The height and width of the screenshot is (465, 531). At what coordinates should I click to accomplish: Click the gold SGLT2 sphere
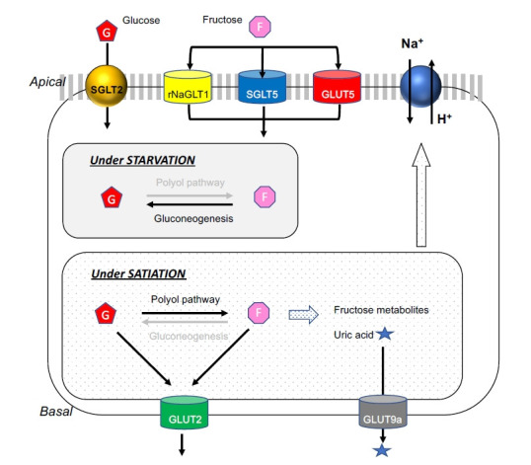click(107, 86)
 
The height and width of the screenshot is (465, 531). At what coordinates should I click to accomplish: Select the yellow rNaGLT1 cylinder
click(188, 86)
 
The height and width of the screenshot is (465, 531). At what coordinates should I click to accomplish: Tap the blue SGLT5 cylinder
click(263, 86)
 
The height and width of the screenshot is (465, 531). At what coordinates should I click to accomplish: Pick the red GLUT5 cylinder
click(337, 86)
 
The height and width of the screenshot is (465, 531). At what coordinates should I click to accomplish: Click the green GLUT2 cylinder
click(184, 412)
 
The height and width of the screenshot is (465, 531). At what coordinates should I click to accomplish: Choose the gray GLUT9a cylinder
click(383, 412)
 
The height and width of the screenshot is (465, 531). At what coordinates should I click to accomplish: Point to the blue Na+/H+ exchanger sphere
click(420, 86)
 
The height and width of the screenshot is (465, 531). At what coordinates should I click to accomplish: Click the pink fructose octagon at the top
click(260, 27)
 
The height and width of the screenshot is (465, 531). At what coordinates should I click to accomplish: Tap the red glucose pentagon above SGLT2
click(107, 31)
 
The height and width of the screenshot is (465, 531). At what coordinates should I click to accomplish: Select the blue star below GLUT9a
click(382, 450)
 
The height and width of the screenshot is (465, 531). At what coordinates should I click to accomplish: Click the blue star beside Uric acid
click(385, 334)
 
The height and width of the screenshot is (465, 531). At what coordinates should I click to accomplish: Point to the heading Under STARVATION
click(142, 160)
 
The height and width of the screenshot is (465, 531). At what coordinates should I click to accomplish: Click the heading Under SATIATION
click(138, 273)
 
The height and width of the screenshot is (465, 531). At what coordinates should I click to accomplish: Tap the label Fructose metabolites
click(381, 310)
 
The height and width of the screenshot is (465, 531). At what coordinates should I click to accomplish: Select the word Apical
click(47, 82)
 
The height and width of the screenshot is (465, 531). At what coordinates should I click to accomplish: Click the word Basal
click(56, 411)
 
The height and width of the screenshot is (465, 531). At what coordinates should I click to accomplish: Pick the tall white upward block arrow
click(420, 195)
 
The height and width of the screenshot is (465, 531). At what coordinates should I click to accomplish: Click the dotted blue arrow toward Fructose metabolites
click(303, 315)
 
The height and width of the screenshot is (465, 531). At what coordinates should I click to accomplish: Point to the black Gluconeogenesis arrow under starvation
click(190, 204)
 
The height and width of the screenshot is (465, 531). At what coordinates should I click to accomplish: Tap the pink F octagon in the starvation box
click(265, 196)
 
